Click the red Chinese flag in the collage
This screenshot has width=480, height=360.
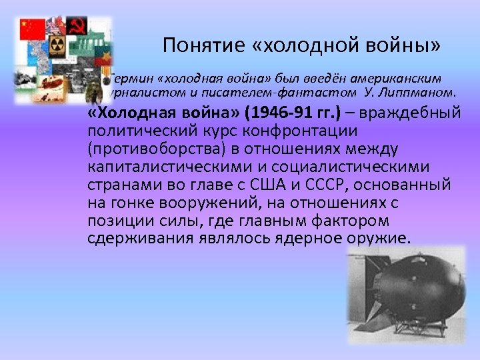32,29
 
